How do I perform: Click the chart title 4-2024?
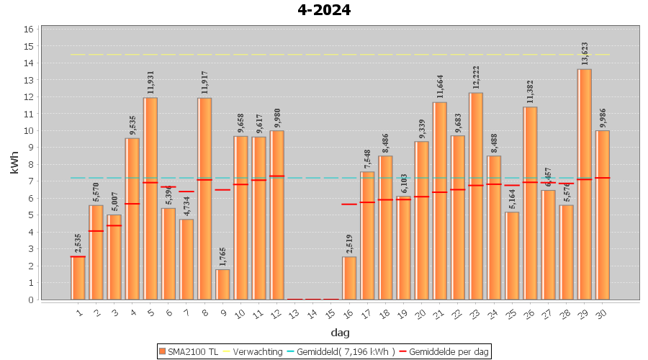point(324,10)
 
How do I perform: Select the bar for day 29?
point(585,184)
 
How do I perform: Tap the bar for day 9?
point(222,284)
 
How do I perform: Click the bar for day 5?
point(150,198)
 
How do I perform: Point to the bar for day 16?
point(349,278)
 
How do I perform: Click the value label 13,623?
point(585,55)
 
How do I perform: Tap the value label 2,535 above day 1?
point(78,243)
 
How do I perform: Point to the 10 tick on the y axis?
point(29,130)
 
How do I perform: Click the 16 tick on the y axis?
point(29,30)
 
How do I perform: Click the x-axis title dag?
point(340,332)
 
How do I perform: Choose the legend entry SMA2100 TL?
point(189,351)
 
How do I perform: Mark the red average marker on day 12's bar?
point(277,176)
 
